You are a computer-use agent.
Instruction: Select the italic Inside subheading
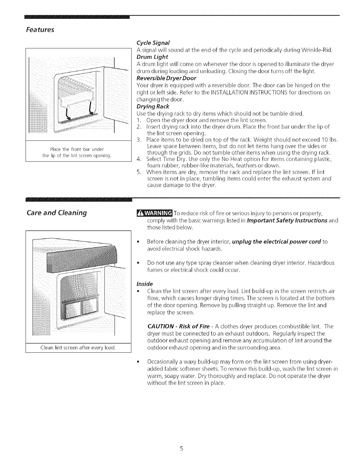[145, 284]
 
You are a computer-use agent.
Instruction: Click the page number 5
[182, 449]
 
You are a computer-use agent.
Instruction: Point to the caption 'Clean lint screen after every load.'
[78, 348]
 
